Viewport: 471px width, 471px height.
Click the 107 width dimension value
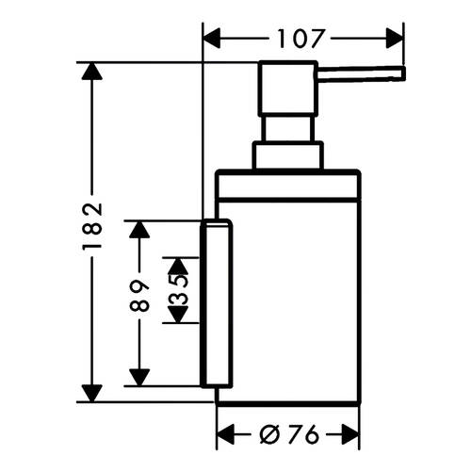coord(300,39)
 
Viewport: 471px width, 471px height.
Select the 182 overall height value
coord(92,226)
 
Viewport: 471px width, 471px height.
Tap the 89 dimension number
coord(139,296)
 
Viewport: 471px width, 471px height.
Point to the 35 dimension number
coord(178,290)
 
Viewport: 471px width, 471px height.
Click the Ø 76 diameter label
coord(289,435)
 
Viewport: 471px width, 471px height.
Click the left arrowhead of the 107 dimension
coord(212,39)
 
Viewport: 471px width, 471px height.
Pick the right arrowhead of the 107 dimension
coord(395,39)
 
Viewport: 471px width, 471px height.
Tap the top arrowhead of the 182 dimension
coord(91,72)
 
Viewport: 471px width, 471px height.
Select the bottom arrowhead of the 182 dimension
coord(91,393)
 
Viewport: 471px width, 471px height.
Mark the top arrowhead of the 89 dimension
coord(139,230)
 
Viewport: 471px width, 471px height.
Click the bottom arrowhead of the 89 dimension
coord(139,378)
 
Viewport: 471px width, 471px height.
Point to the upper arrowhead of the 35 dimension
coord(178,267)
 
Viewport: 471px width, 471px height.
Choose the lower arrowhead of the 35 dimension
coord(178,315)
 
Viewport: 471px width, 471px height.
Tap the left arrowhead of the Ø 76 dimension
coord(225,434)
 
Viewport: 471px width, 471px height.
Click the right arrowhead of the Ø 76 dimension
coord(350,434)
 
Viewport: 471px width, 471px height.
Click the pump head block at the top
coord(287,89)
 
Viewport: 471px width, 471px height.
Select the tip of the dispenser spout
coord(403,73)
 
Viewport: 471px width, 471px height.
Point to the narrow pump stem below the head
coord(289,129)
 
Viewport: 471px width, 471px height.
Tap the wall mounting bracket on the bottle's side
coord(217,303)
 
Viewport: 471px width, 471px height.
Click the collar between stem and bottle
coord(288,156)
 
